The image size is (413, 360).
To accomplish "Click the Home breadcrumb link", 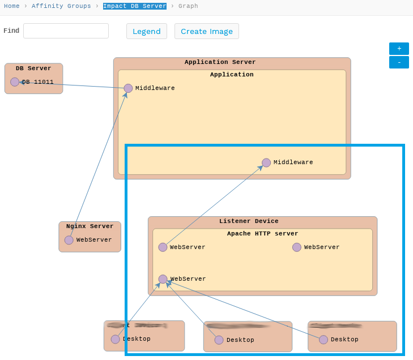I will tap(11, 6).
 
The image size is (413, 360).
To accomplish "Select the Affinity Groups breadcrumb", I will tap(61, 6).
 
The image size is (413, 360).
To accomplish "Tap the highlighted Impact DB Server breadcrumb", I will tap(135, 6).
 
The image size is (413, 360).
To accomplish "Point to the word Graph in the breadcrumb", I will tap(188, 6).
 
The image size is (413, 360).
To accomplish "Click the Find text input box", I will tap(66, 31).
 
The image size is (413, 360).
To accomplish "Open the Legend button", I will tap(147, 31).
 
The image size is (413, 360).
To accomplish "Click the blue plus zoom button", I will tap(399, 49).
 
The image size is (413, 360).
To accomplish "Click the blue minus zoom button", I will tap(399, 62).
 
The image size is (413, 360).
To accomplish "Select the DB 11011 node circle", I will tap(15, 82).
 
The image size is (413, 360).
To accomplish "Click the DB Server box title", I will tap(33, 68).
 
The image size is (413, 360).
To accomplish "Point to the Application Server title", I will tap(220, 62).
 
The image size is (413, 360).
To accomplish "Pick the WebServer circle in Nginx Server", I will tap(69, 240).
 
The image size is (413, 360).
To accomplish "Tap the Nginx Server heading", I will tap(90, 226).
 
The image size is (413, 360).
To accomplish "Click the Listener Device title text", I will tap(249, 221).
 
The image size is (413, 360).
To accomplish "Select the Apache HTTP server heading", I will tap(262, 234).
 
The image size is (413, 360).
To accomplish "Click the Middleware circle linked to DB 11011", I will tap(128, 88).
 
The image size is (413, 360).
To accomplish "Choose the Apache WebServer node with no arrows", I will tap(297, 247).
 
